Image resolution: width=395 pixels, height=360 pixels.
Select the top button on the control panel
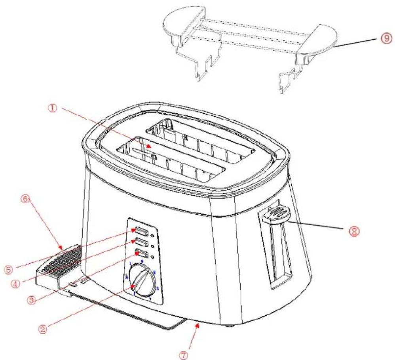[141, 230]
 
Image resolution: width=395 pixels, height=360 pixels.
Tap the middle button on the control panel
[141, 241]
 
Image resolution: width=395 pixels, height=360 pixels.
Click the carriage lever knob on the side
[277, 212]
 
